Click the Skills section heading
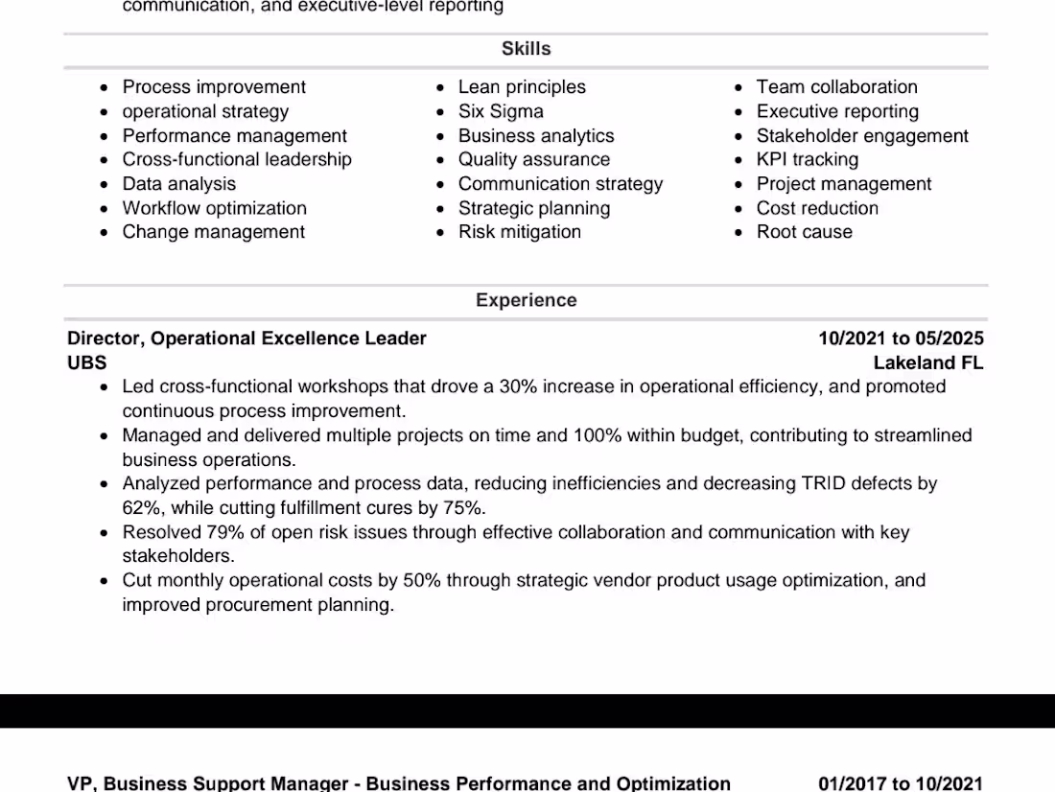(526, 49)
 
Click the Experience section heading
(526, 300)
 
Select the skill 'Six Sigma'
(501, 111)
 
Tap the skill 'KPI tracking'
(807, 159)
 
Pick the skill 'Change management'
(213, 232)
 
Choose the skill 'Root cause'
(804, 232)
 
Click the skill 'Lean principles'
(522, 87)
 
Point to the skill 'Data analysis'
(178, 184)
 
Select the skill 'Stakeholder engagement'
(862, 136)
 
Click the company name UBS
(87, 363)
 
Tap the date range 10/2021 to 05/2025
(901, 338)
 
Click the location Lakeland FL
(927, 363)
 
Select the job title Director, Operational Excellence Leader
(246, 338)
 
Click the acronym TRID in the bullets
(823, 483)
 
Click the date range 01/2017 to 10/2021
(901, 783)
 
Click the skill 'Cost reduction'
(817, 208)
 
